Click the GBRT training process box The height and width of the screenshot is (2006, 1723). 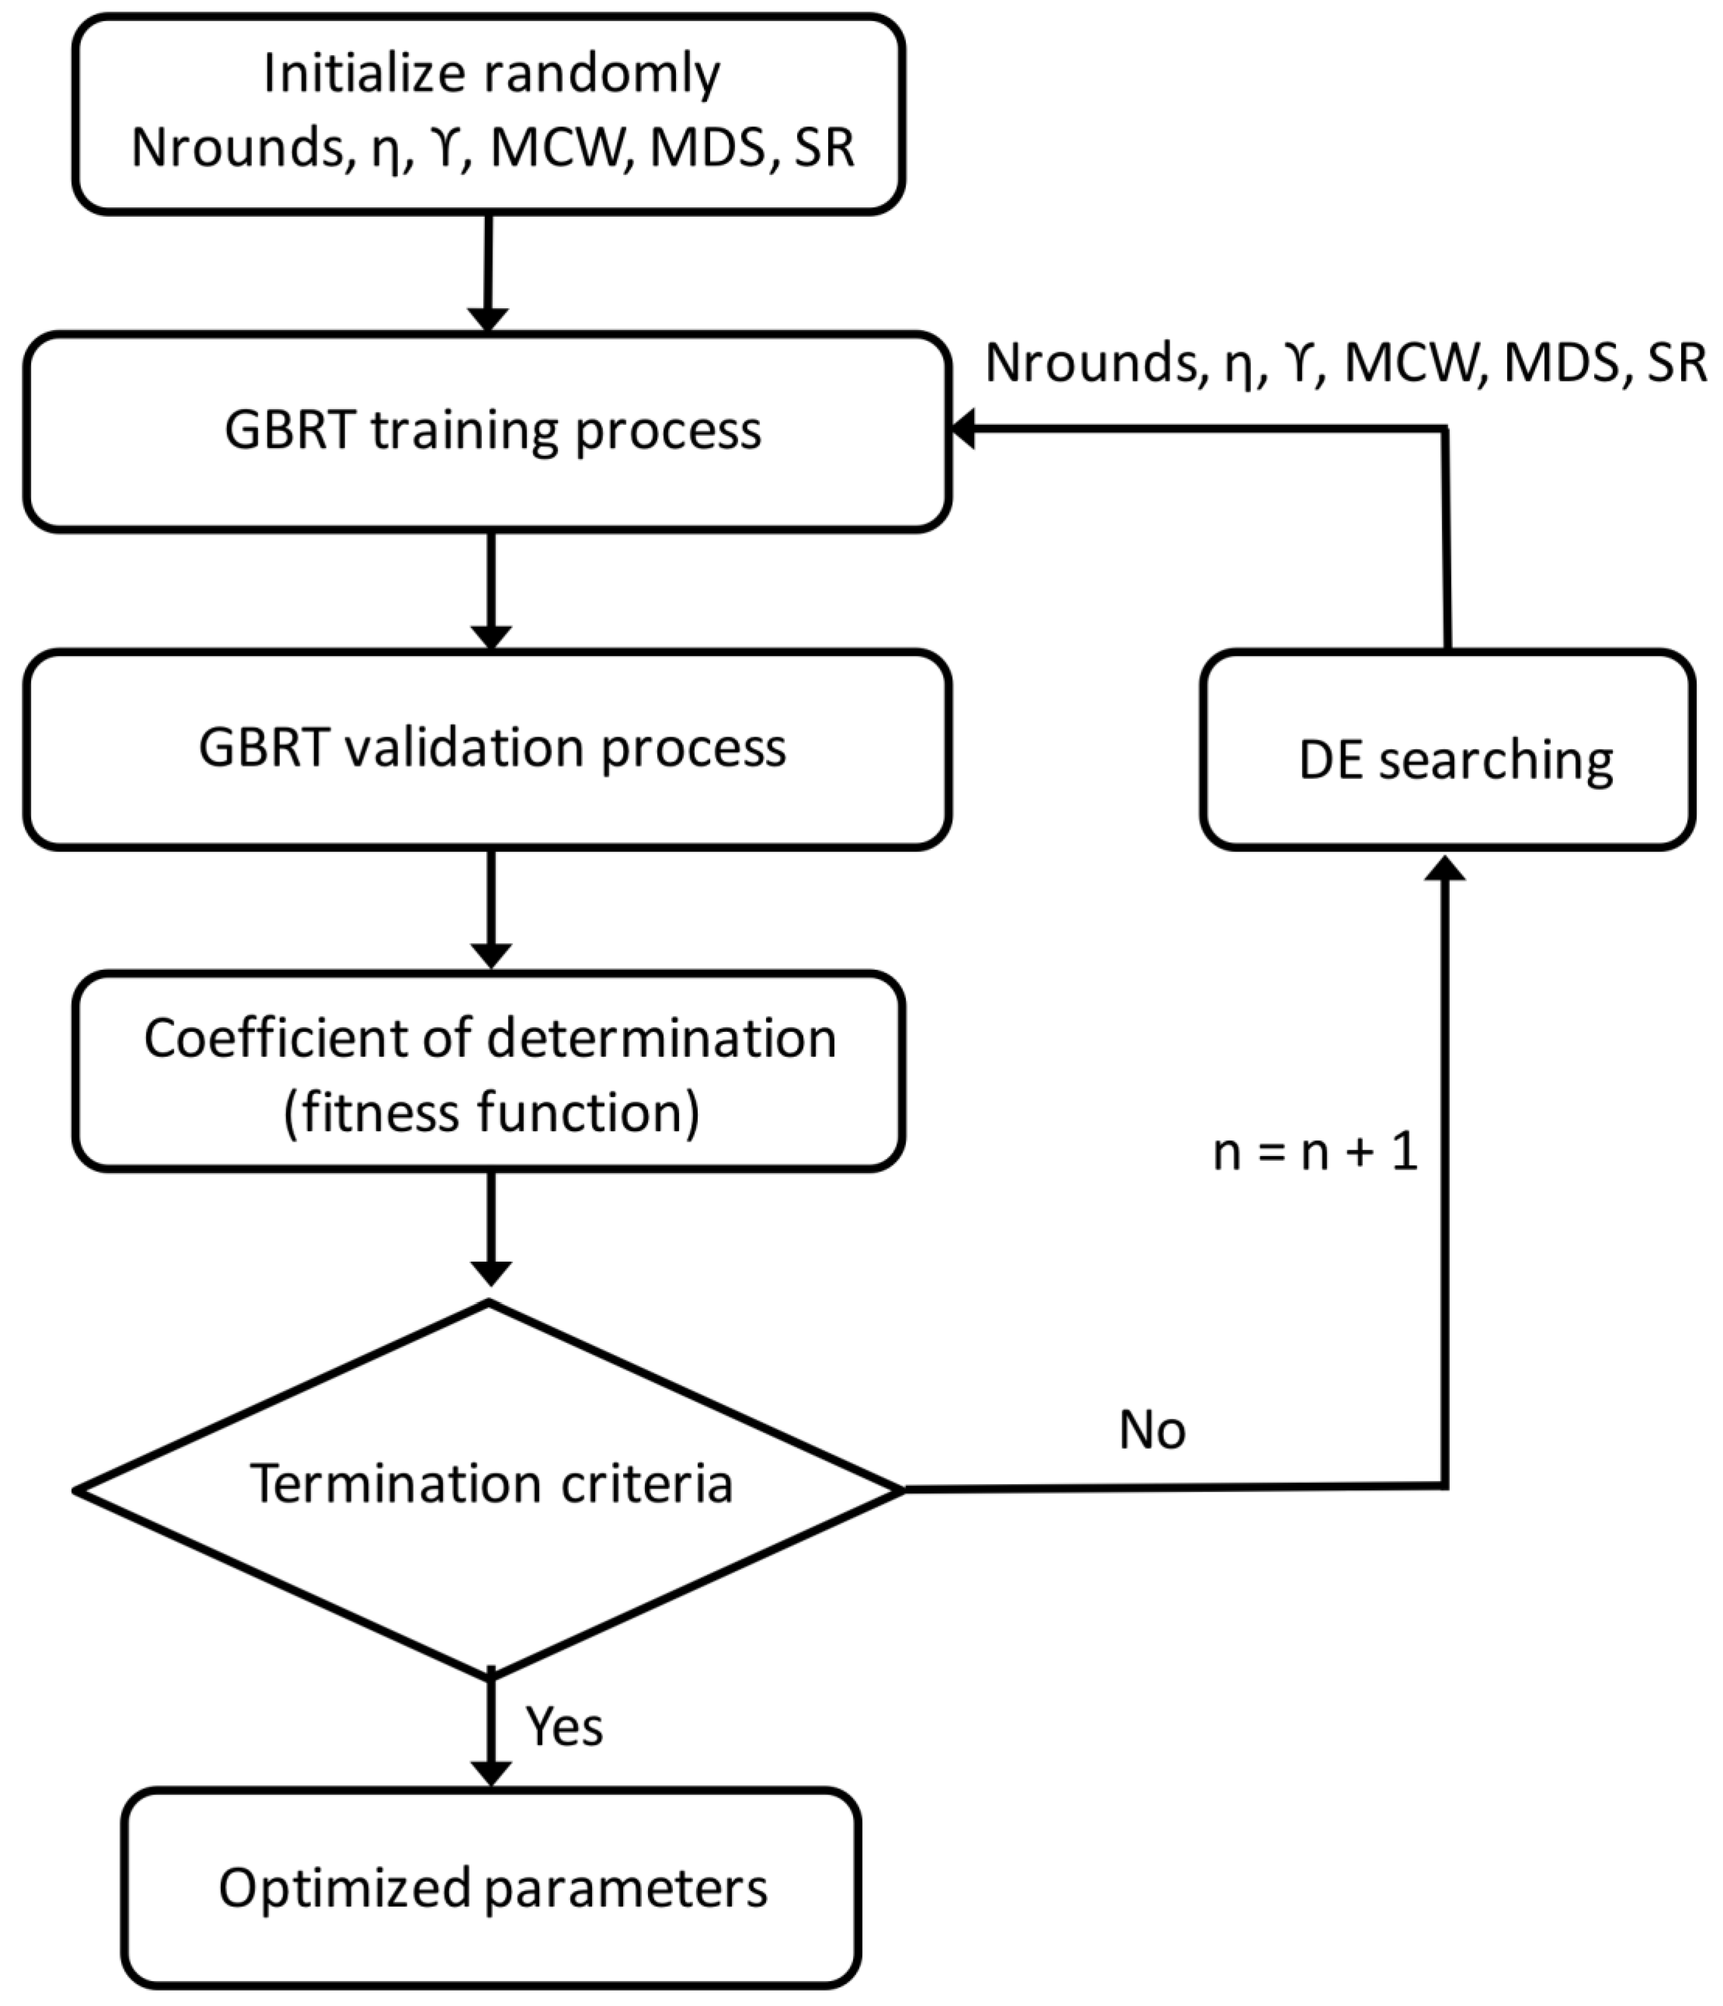pyautogui.click(x=487, y=432)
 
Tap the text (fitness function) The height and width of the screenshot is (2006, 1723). pyautogui.click(x=491, y=1112)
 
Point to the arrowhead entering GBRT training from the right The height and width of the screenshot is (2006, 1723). pyautogui.click(x=963, y=428)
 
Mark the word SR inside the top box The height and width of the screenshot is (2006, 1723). pyautogui.click(x=823, y=148)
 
